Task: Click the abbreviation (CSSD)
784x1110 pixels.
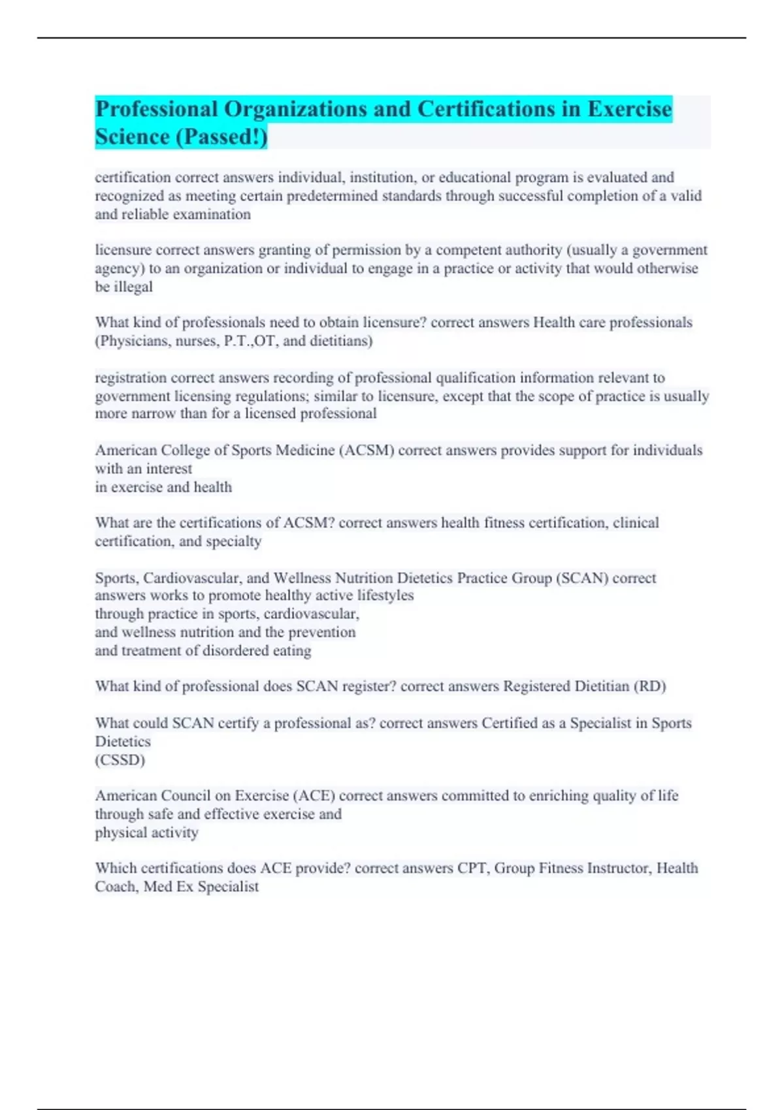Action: pyautogui.click(x=120, y=760)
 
